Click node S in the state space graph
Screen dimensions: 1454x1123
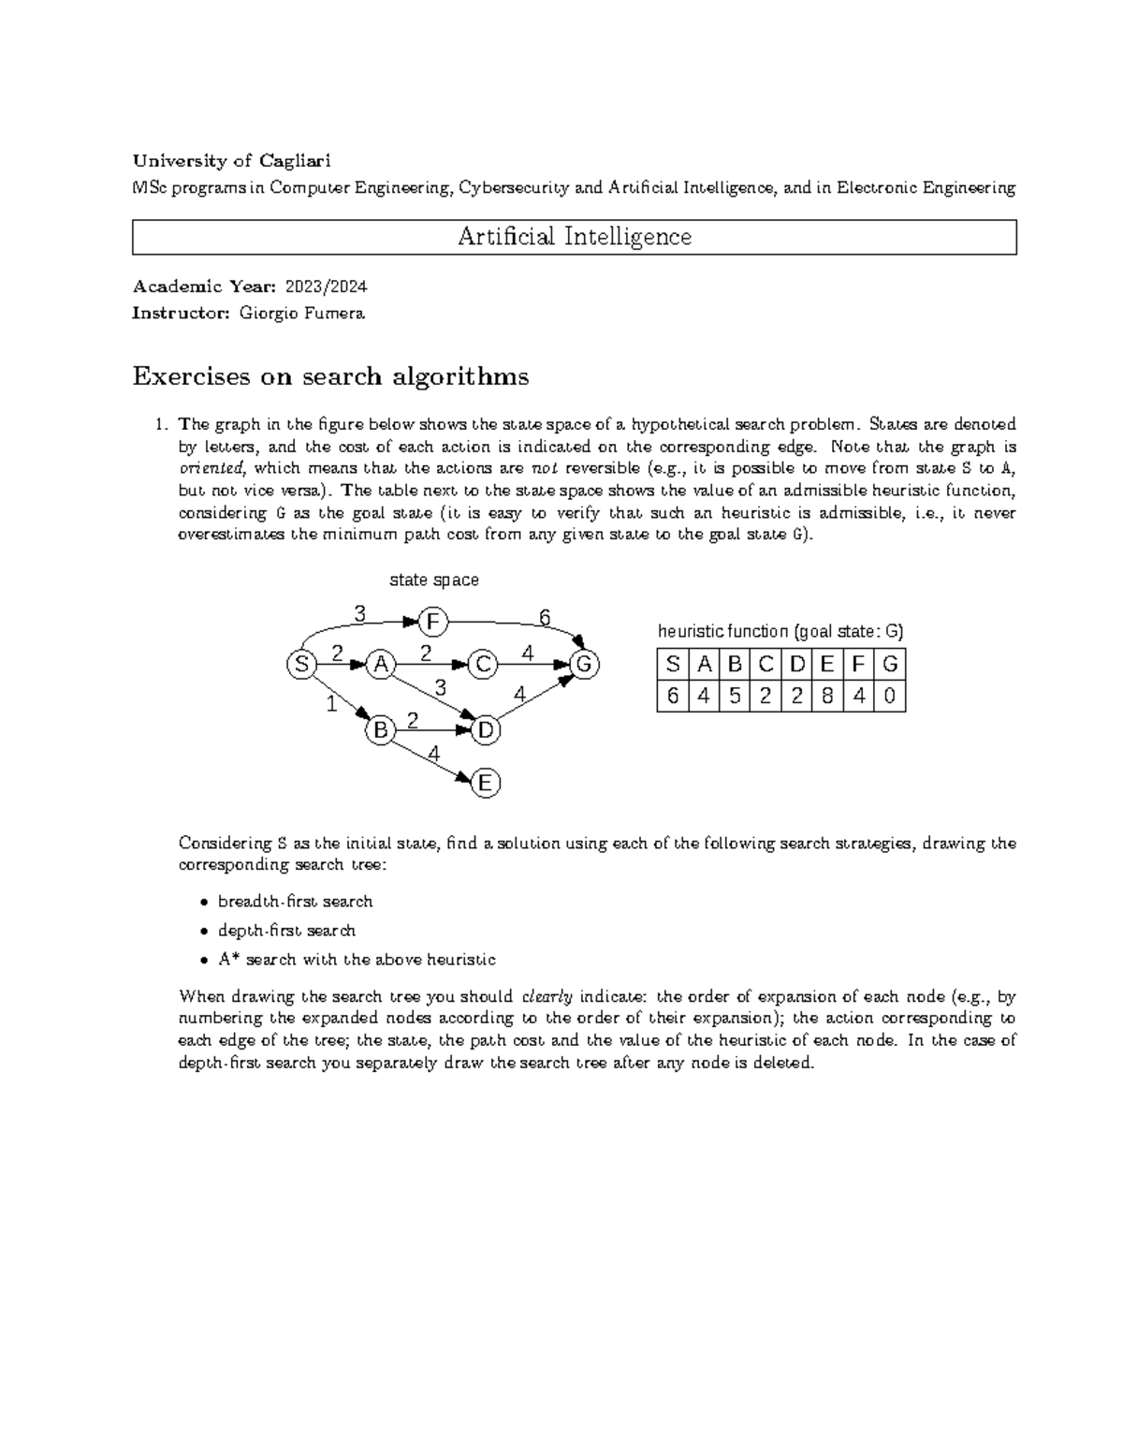tap(300, 665)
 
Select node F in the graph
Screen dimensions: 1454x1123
tap(432, 622)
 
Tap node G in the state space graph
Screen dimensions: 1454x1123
tap(584, 665)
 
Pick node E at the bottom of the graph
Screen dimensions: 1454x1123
tap(485, 783)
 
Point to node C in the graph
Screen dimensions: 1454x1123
tap(483, 665)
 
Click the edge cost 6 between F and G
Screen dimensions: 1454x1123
tap(544, 616)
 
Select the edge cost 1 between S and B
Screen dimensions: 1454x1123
tap(330, 705)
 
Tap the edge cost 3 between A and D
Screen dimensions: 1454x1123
tap(440, 688)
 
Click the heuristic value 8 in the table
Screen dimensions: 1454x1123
tap(827, 696)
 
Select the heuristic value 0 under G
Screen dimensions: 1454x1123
tap(889, 696)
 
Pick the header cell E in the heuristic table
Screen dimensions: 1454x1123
tap(827, 665)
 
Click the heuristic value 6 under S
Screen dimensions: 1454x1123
tap(672, 696)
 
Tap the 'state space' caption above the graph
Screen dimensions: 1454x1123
tap(433, 580)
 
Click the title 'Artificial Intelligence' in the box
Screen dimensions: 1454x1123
tap(574, 237)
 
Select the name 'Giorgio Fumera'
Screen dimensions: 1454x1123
tap(301, 314)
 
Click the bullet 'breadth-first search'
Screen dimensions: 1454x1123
tap(295, 902)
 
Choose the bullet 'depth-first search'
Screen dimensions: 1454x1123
tap(286, 931)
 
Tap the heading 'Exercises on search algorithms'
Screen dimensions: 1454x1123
tap(330, 376)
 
